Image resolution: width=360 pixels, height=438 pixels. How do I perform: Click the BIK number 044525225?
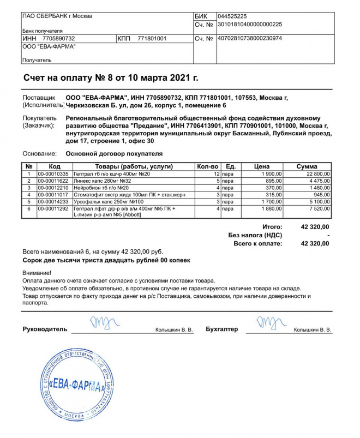click(232, 16)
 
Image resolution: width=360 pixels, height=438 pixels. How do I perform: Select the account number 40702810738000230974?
click(249, 39)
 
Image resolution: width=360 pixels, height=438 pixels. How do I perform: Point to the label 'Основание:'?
click(39, 154)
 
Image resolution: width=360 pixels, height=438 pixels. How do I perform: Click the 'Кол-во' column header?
click(208, 166)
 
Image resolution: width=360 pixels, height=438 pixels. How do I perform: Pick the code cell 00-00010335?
click(53, 173)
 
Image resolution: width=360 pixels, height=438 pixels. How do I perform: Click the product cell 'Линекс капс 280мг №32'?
click(102, 181)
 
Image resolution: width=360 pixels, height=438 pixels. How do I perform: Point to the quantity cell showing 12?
click(216, 173)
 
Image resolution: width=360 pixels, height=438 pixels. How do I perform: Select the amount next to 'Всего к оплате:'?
click(315, 244)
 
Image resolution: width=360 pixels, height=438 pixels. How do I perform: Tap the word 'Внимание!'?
click(37, 272)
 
